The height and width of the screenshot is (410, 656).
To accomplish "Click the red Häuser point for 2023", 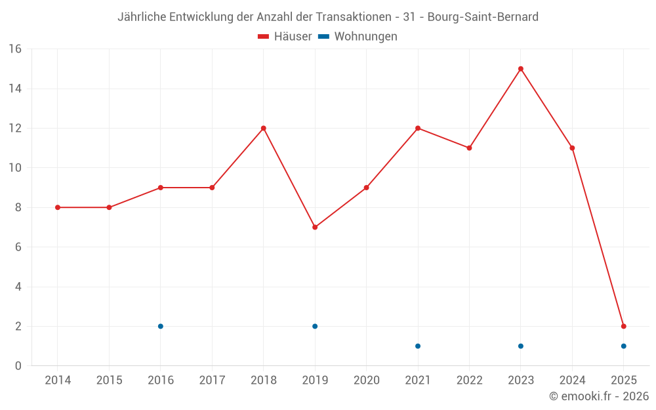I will click(x=521, y=69).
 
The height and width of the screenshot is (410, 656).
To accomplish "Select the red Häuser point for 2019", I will click(x=315, y=227).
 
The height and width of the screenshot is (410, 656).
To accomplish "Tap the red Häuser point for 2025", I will click(x=624, y=326).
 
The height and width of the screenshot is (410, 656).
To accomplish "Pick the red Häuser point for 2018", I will click(x=264, y=128).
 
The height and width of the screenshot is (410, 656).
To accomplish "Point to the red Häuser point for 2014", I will click(x=58, y=207).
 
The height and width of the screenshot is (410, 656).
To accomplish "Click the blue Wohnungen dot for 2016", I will click(x=161, y=326).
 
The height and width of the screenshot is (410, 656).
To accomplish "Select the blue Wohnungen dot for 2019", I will click(x=315, y=326).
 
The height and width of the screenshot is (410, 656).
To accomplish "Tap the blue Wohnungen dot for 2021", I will click(x=418, y=346).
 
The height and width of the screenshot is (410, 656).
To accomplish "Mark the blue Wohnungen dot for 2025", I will click(x=624, y=346).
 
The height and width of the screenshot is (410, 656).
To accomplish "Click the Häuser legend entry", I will click(x=285, y=37).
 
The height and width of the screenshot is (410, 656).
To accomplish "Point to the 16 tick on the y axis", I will click(x=15, y=49).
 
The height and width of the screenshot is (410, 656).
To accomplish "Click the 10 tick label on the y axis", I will click(x=15, y=168).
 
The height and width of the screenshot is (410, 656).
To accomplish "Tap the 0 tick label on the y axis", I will click(x=18, y=366).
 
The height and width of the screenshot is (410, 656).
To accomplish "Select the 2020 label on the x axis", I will click(x=366, y=380).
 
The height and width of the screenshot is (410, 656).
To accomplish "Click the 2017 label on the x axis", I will click(x=212, y=380).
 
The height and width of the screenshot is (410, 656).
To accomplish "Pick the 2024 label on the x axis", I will click(x=572, y=380).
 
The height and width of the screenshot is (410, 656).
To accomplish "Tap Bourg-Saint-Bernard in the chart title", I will click(x=483, y=17).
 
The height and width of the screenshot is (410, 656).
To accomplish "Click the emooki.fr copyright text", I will click(x=599, y=396).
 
